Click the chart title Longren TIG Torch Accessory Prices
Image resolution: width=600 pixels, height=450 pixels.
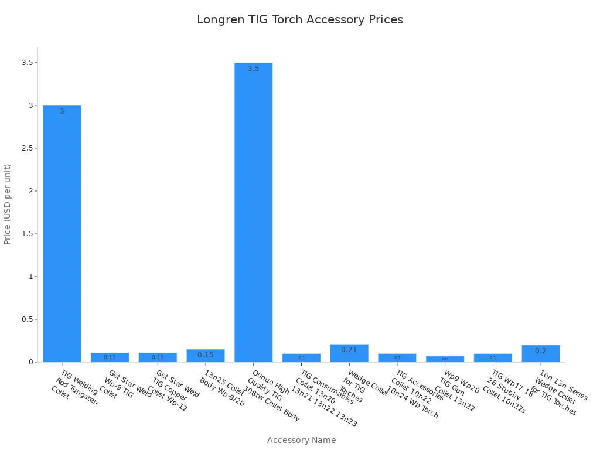coord(300,19)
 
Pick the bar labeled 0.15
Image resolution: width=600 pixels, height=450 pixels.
coord(206,356)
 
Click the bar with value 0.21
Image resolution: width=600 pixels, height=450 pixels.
coord(349,353)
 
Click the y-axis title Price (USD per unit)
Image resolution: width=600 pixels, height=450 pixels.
coord(8,204)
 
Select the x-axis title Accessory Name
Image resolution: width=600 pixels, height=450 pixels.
coord(301,440)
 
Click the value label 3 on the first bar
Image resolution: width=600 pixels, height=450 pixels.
coord(62,111)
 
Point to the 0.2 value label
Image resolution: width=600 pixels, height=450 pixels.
coord(541,351)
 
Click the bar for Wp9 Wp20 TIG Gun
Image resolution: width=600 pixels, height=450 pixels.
coord(445,359)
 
